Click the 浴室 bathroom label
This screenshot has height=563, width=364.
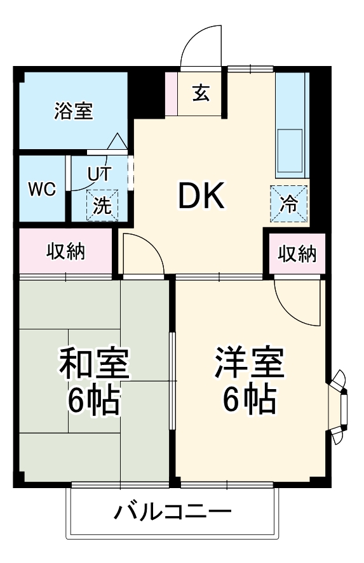(x=74, y=112)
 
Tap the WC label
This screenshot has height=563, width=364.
(x=42, y=189)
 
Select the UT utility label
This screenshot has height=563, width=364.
(x=100, y=173)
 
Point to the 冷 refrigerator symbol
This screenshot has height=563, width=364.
(x=289, y=204)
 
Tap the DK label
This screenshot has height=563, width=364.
(x=201, y=197)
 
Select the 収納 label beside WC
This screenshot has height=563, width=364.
(x=65, y=251)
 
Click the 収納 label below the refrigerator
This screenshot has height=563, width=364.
(x=297, y=254)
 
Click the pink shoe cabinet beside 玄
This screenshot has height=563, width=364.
(x=171, y=94)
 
